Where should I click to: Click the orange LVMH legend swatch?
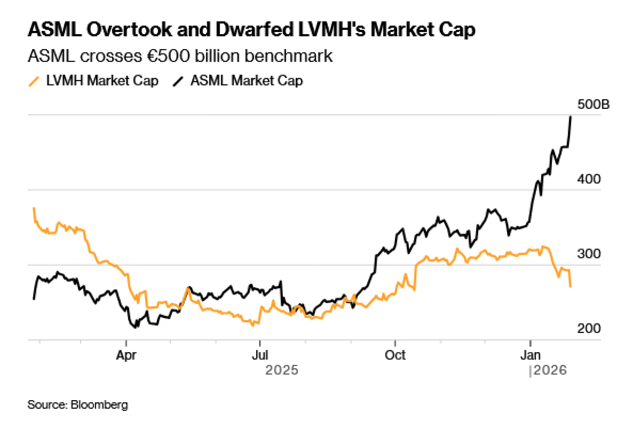[x=34, y=81]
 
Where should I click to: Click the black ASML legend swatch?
[x=178, y=81]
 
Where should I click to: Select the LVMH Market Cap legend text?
[x=102, y=81]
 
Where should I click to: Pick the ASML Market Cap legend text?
[x=247, y=81]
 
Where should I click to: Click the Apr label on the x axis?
[x=126, y=355]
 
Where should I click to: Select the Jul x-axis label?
[x=260, y=355]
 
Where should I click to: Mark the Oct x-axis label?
[x=395, y=355]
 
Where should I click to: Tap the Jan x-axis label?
[x=530, y=355]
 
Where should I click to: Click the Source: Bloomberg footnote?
[x=78, y=405]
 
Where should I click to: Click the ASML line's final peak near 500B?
[x=571, y=117]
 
